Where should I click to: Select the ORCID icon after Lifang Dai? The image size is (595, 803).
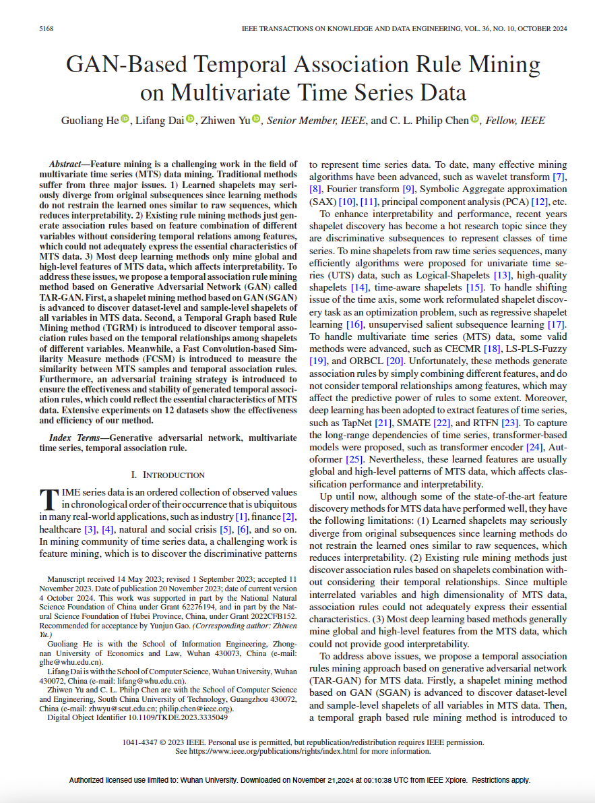click(191, 120)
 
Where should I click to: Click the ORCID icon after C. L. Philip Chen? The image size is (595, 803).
click(475, 120)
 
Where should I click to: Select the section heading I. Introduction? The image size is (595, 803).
click(168, 475)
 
